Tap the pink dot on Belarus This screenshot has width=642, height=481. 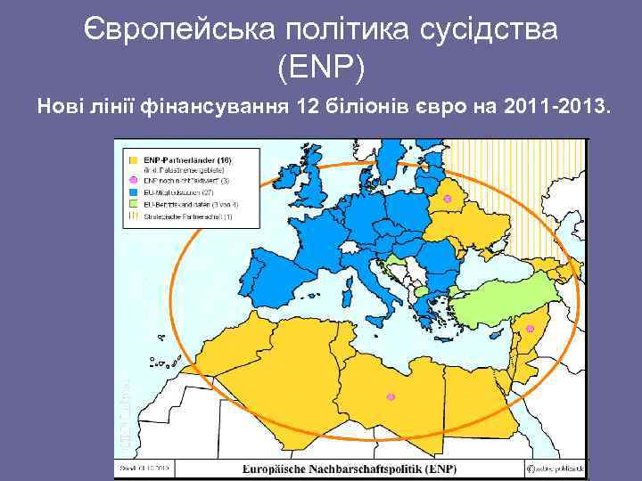pyautogui.click(x=448, y=198)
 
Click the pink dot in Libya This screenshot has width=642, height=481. pyautogui.click(x=389, y=396)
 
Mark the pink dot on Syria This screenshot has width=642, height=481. pyautogui.click(x=530, y=329)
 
